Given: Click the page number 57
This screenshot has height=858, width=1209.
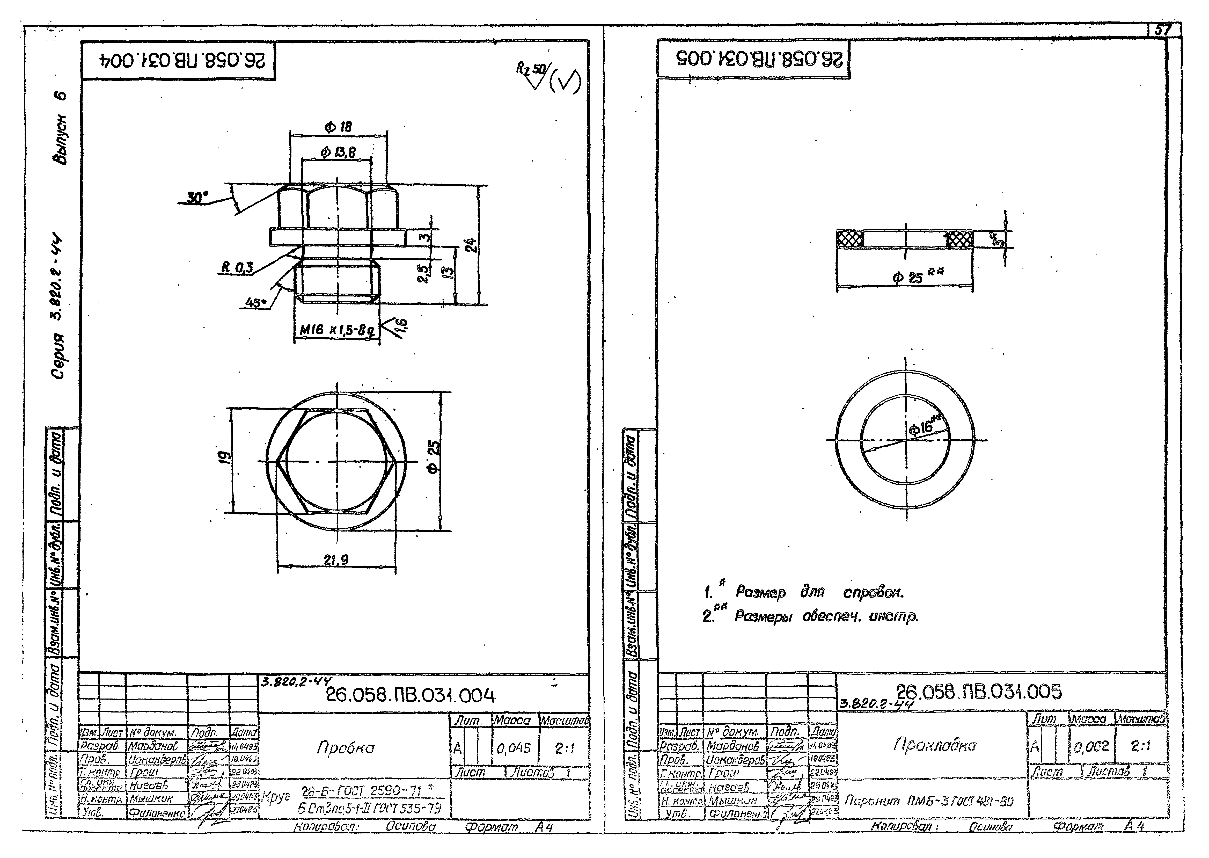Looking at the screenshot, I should pos(1162,30).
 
